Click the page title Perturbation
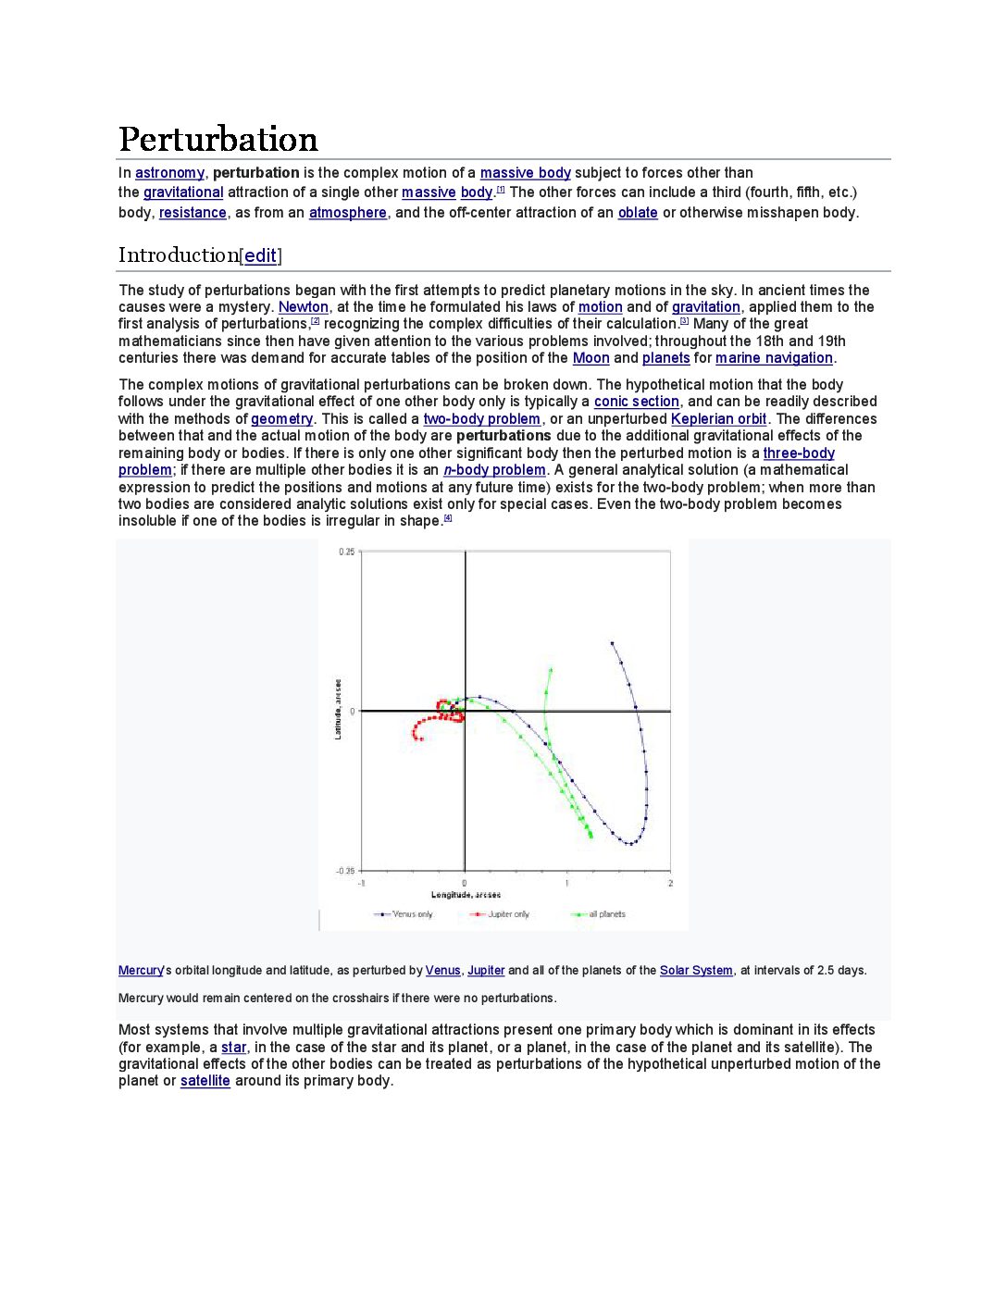(218, 140)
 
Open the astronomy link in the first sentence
(169, 173)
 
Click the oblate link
(638, 213)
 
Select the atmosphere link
(347, 213)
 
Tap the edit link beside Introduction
(261, 255)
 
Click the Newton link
(304, 307)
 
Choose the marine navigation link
(774, 358)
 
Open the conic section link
(636, 402)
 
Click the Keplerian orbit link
(718, 419)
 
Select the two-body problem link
(481, 419)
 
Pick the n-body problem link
(494, 470)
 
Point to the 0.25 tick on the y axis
(346, 552)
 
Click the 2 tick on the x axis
(670, 883)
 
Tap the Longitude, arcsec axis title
(466, 895)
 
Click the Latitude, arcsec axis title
(338, 710)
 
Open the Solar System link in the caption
(696, 971)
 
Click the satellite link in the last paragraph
(205, 1081)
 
